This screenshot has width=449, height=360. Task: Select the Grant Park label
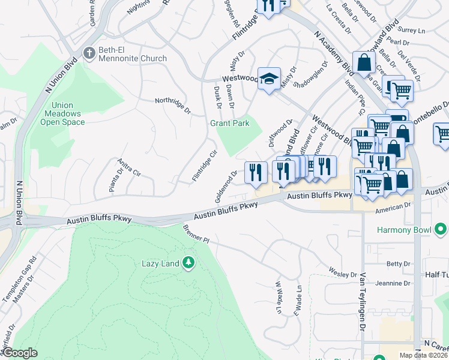[229, 123]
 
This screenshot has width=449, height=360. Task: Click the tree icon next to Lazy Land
[188, 263]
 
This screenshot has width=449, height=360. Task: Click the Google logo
[20, 353]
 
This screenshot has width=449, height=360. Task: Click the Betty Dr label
[398, 263]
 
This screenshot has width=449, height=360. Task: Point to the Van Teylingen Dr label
[363, 302]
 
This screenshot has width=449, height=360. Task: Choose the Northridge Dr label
[172, 106]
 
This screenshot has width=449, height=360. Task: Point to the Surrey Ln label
[412, 30]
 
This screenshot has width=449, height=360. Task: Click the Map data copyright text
[424, 355]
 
